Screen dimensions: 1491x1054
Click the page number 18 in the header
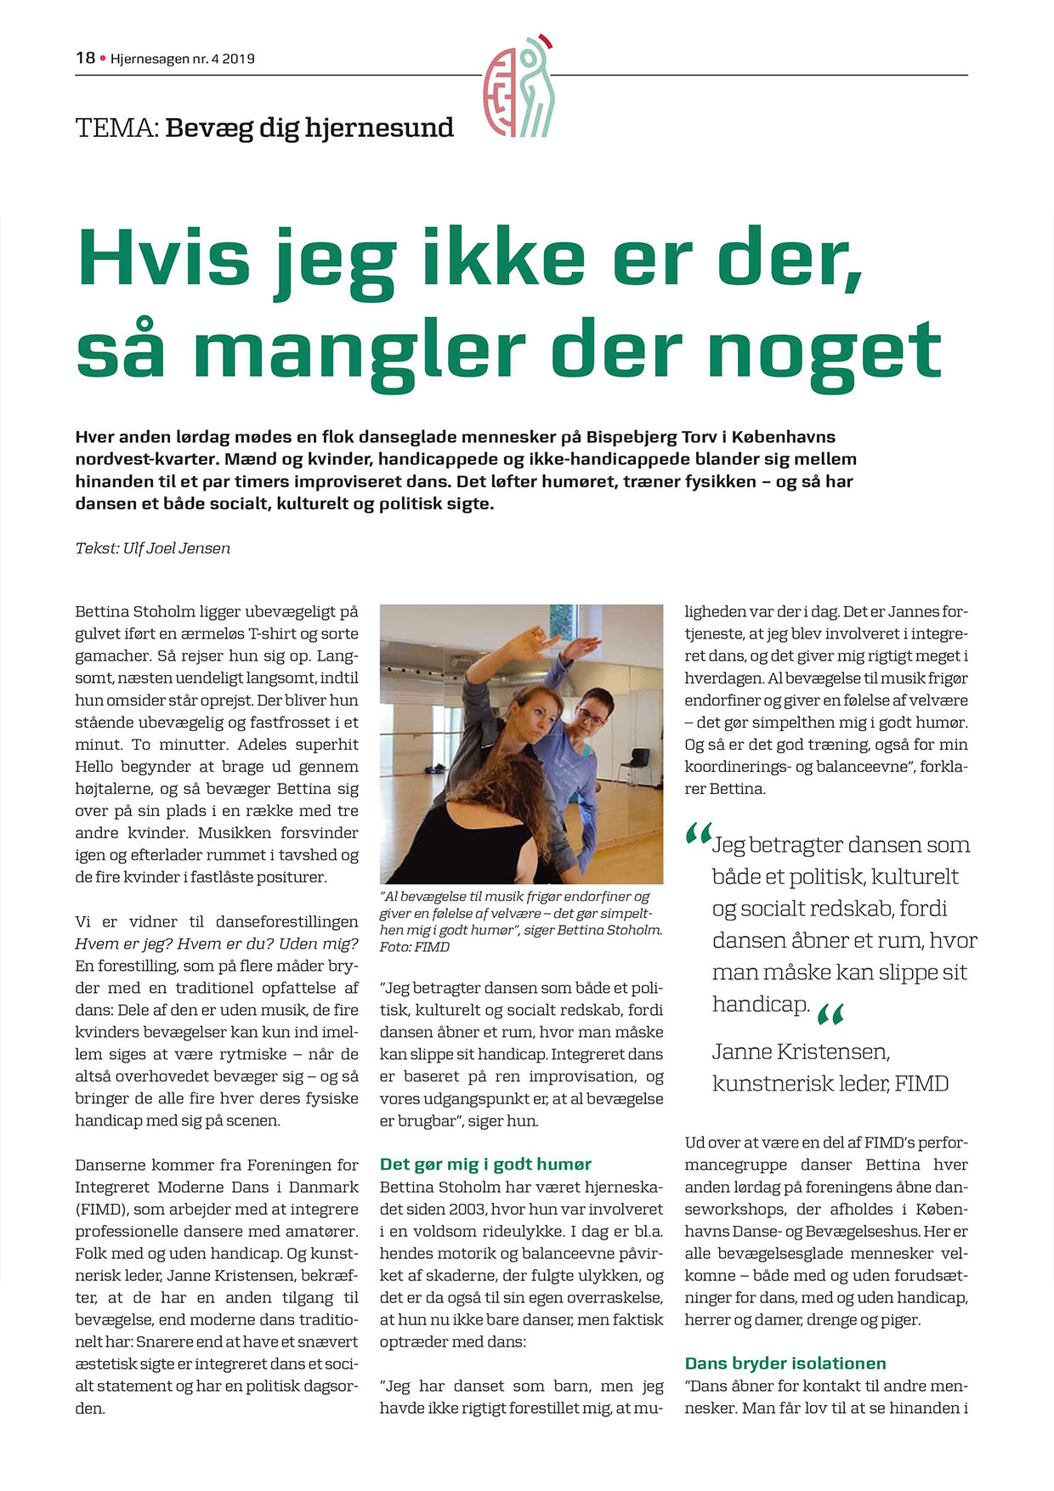[85, 58]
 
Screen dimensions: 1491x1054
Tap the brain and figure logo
[519, 87]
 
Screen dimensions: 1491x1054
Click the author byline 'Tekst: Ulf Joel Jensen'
[153, 548]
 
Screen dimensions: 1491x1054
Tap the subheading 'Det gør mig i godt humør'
[485, 1165]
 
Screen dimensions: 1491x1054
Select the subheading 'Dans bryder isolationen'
[785, 1363]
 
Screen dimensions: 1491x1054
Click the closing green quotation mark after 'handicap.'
[830, 1014]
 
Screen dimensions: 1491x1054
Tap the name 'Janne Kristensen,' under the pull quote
[801, 1052]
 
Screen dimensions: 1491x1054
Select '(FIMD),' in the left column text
[103, 1209]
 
